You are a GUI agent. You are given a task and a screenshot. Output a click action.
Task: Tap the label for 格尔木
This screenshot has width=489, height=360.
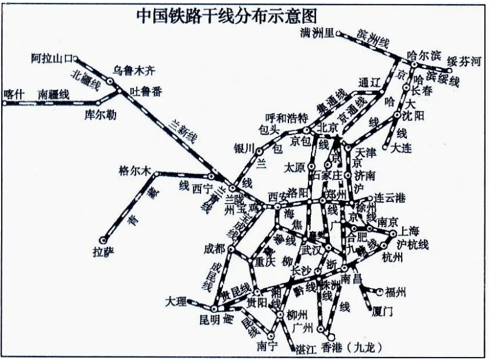pos(134,171)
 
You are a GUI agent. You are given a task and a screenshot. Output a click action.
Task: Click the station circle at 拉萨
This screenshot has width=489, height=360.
pos(103,240)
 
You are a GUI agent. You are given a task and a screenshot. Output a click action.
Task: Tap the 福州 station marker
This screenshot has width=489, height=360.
pos(379,290)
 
